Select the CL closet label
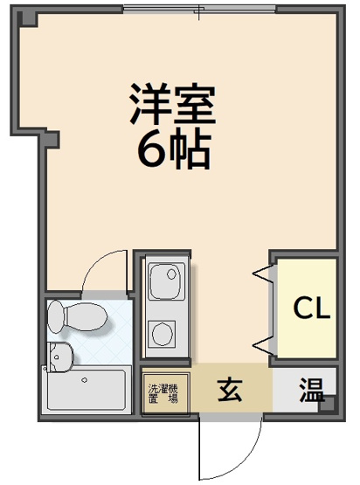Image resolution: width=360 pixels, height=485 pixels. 311,308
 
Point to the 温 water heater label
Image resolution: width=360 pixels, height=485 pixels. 309,386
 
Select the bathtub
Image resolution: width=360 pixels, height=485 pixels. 87,389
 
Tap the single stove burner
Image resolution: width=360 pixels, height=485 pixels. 163,335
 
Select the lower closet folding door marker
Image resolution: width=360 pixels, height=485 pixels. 261,342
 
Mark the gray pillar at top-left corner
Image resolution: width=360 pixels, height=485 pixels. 26,17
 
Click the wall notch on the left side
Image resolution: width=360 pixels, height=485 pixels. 50,138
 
